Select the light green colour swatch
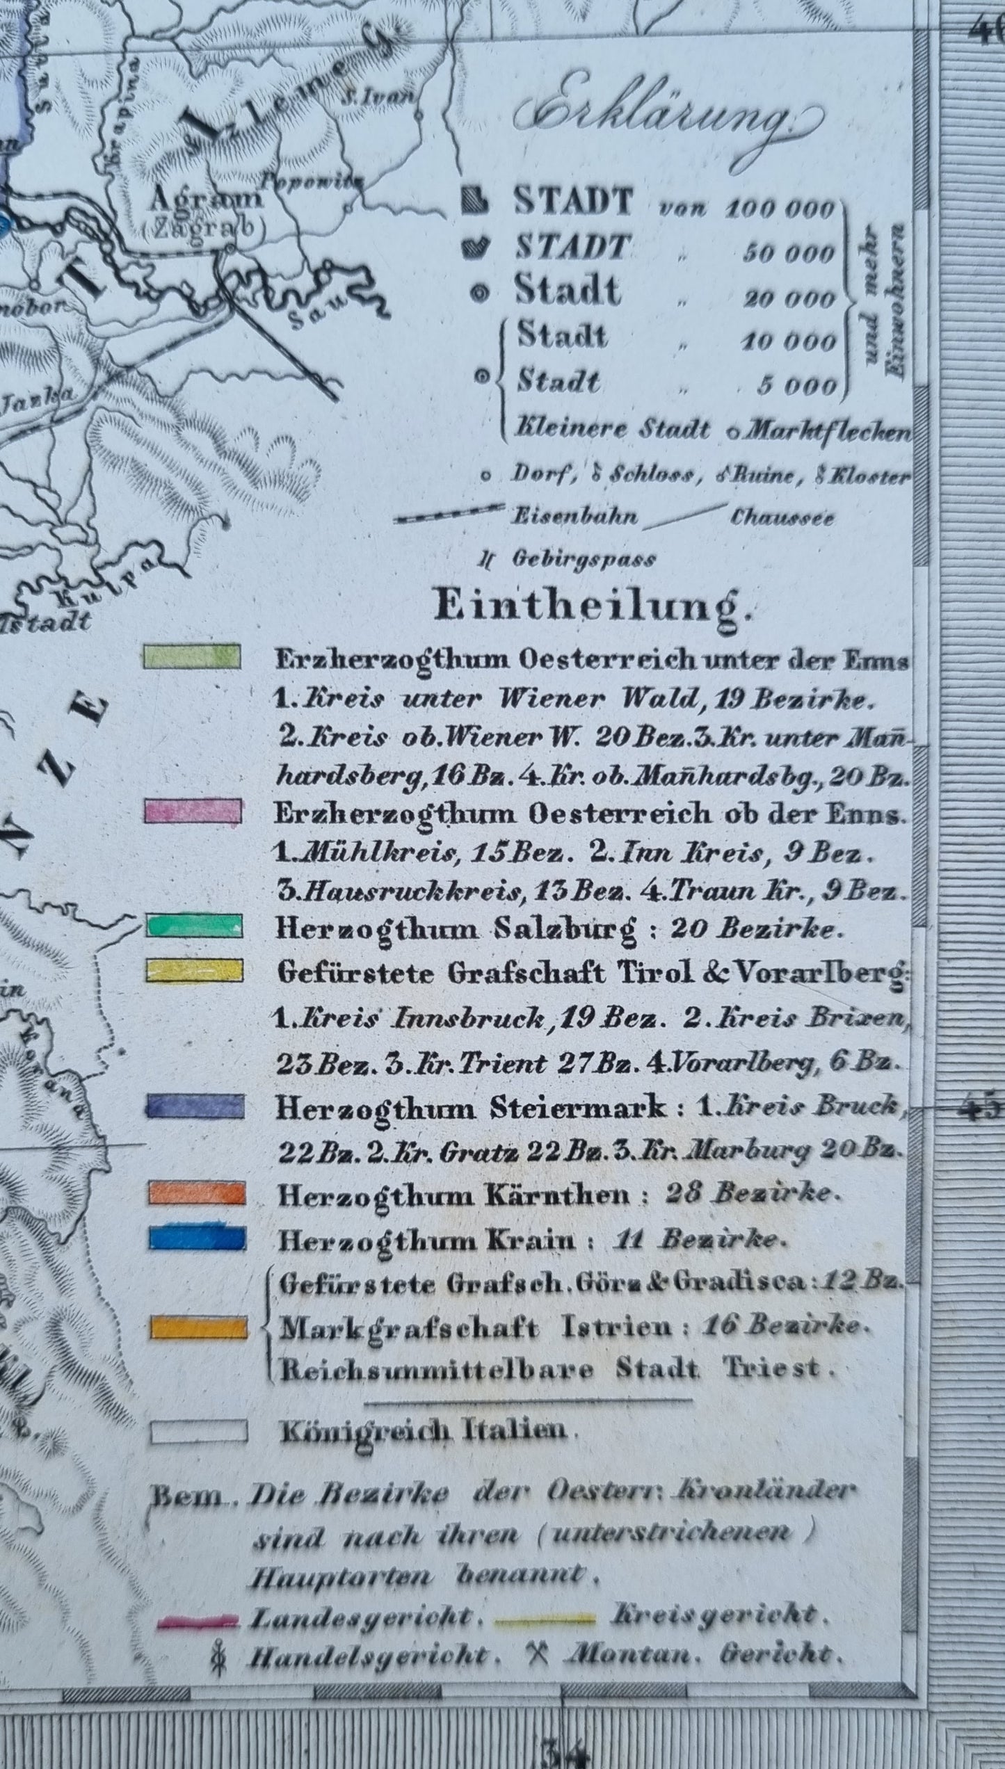(192, 656)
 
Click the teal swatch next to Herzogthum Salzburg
(194, 926)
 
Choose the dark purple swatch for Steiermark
(195, 1106)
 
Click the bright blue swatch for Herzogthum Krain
(197, 1238)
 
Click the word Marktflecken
(825, 432)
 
